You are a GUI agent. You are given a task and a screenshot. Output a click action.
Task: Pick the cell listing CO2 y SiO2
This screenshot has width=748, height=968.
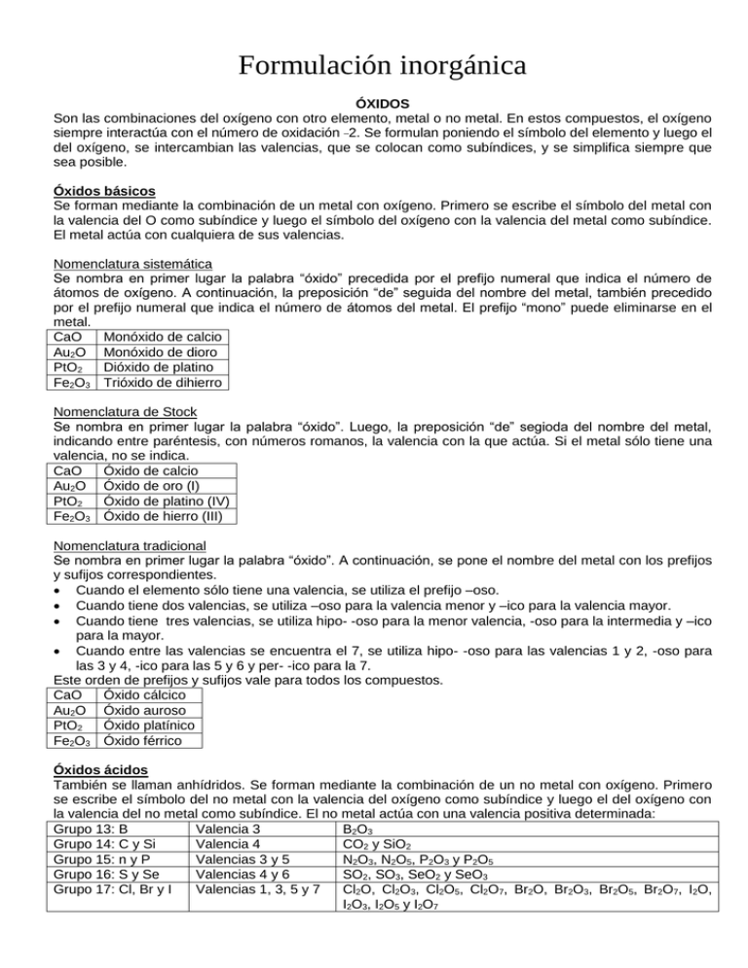pyautogui.click(x=386, y=844)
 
